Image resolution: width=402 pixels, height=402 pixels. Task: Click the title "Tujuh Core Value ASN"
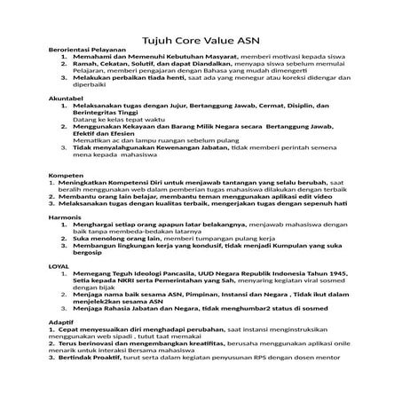pyautogui.click(x=201, y=40)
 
